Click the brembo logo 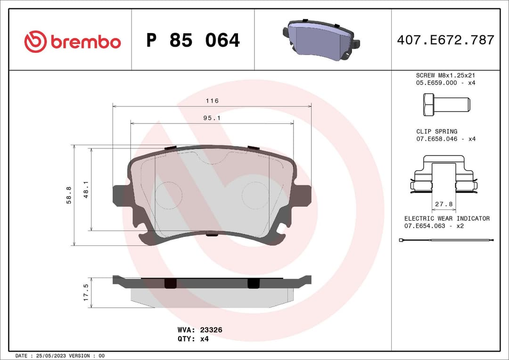(x=72, y=41)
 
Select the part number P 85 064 (x=193, y=41)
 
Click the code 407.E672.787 (x=445, y=40)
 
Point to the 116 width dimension (x=212, y=101)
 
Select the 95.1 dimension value (x=212, y=118)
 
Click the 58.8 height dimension (x=68, y=195)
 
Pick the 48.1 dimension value (x=86, y=189)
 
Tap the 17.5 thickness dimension (x=86, y=293)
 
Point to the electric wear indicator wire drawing (x=446, y=241)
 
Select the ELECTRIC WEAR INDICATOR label (x=447, y=218)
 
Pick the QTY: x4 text (x=194, y=339)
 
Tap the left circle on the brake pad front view (x=168, y=195)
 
